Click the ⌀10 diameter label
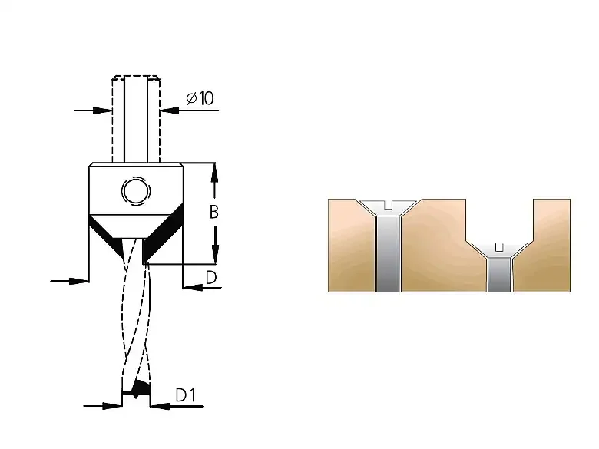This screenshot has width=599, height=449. click(200, 98)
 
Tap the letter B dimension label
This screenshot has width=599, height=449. click(214, 212)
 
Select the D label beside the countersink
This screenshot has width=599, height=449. click(211, 278)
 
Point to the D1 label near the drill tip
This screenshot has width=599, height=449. click(186, 395)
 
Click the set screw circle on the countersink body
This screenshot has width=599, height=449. click(136, 190)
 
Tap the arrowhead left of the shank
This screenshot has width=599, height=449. click(102, 111)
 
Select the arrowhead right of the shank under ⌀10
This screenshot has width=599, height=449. click(170, 111)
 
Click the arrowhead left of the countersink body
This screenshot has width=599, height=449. click(79, 282)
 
